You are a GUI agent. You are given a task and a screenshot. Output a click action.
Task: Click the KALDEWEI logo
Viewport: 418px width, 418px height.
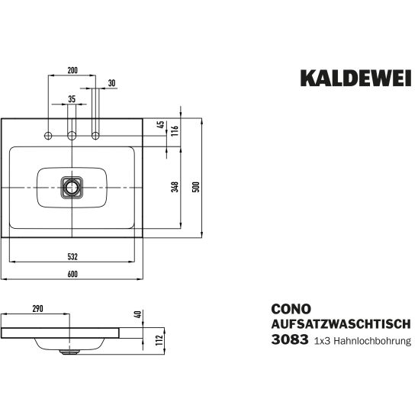coord(356,78)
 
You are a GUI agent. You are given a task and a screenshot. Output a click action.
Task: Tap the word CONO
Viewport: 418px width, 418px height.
coord(291,309)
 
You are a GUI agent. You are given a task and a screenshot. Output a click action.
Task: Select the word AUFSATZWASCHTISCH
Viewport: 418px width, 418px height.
coord(341,324)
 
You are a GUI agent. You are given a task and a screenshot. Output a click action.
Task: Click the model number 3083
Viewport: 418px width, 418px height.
coord(290,339)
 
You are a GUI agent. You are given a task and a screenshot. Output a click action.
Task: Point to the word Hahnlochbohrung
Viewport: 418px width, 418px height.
coord(372,341)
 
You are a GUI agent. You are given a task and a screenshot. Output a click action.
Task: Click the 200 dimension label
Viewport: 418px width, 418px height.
coord(72,70)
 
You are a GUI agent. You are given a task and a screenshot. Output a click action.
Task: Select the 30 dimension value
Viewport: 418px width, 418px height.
coord(112,83)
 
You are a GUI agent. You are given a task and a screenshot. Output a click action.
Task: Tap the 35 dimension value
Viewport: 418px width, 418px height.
coord(72,99)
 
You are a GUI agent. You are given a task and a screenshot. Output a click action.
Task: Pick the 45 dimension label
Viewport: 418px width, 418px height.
coord(161,124)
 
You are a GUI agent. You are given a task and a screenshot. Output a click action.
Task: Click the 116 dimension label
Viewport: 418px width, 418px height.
coord(175,131)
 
